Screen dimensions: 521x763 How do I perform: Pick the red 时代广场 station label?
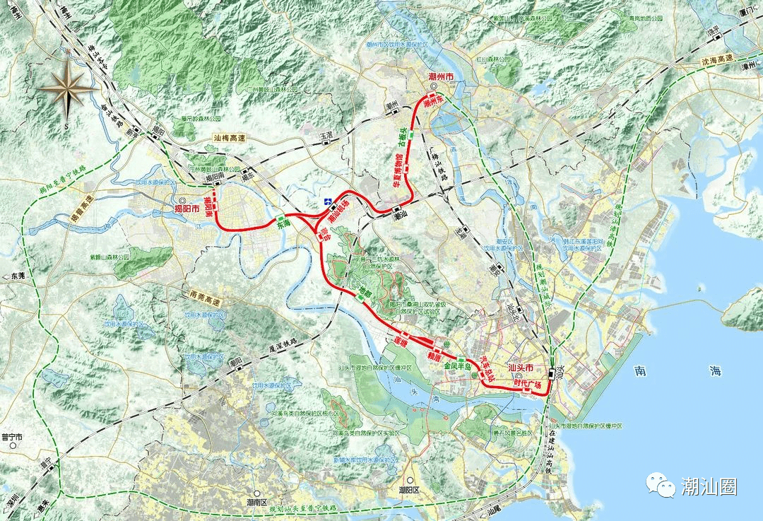click(x=531, y=384)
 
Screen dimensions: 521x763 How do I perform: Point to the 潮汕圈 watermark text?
click(x=709, y=486)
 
